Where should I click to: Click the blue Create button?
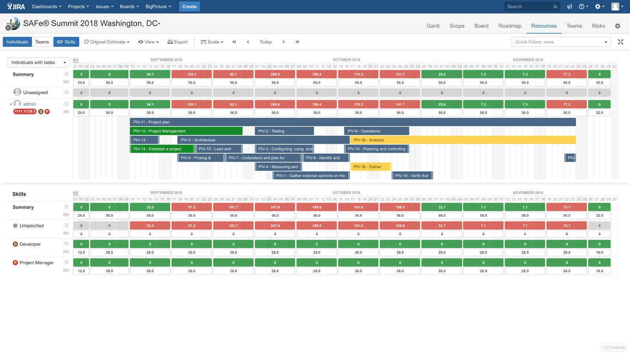[189, 7]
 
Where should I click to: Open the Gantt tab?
[433, 26]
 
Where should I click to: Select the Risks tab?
[598, 26]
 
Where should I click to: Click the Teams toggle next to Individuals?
[42, 42]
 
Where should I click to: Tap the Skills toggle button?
[66, 42]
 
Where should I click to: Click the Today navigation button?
[265, 42]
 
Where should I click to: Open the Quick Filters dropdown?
[561, 42]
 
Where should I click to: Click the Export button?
[178, 42]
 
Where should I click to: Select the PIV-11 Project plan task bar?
[352, 122]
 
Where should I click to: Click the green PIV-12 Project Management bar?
[186, 131]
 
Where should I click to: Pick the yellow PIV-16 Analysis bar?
[463, 140]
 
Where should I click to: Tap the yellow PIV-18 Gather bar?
[370, 167]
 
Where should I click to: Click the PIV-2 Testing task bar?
[284, 131]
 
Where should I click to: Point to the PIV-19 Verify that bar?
[412, 176]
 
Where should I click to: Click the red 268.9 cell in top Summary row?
[275, 74]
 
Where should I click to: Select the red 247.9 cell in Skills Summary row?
[275, 207]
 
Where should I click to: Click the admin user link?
[30, 104]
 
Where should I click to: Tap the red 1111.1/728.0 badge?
[25, 112]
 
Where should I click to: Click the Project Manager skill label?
[37, 263]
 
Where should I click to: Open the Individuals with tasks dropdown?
[39, 63]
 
